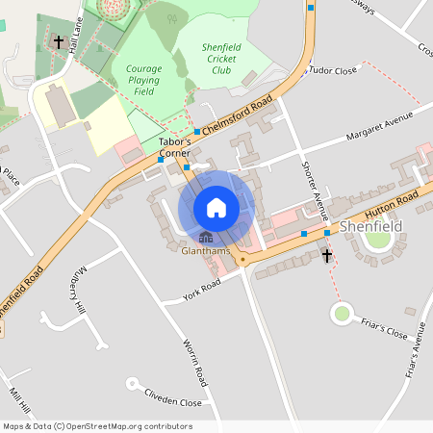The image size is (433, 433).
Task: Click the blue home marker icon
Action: (x=216, y=207)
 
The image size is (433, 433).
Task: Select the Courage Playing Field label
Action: (x=142, y=80)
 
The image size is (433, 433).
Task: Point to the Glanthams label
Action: (x=206, y=252)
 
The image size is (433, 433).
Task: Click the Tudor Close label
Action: (x=332, y=70)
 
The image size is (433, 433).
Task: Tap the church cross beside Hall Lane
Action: (x=59, y=42)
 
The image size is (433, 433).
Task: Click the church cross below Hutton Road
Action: (x=327, y=255)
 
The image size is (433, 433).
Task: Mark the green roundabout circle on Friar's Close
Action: (x=342, y=313)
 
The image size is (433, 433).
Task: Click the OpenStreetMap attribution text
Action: (x=97, y=426)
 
